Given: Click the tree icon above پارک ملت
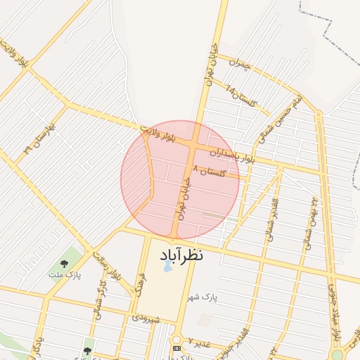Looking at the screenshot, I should (64, 263).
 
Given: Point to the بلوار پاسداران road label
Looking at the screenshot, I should (235, 155).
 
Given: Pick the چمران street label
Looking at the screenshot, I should (241, 65).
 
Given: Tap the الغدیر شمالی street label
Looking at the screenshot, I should (270, 220).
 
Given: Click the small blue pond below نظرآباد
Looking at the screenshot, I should (167, 268).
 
